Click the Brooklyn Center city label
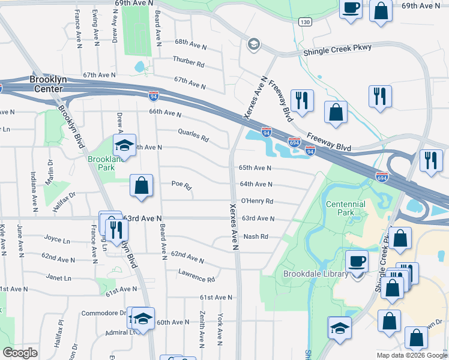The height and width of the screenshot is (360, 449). [47, 84]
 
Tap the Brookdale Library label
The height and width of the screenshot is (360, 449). [316, 274]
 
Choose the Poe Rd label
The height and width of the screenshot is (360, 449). [181, 184]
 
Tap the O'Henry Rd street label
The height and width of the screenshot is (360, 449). [257, 202]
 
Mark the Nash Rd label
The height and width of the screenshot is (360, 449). [255, 236]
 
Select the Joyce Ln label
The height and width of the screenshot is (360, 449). [58, 239]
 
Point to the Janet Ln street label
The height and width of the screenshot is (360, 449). [59, 278]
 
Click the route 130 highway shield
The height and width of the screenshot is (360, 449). [305, 22]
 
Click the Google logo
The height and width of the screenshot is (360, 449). [20, 353]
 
